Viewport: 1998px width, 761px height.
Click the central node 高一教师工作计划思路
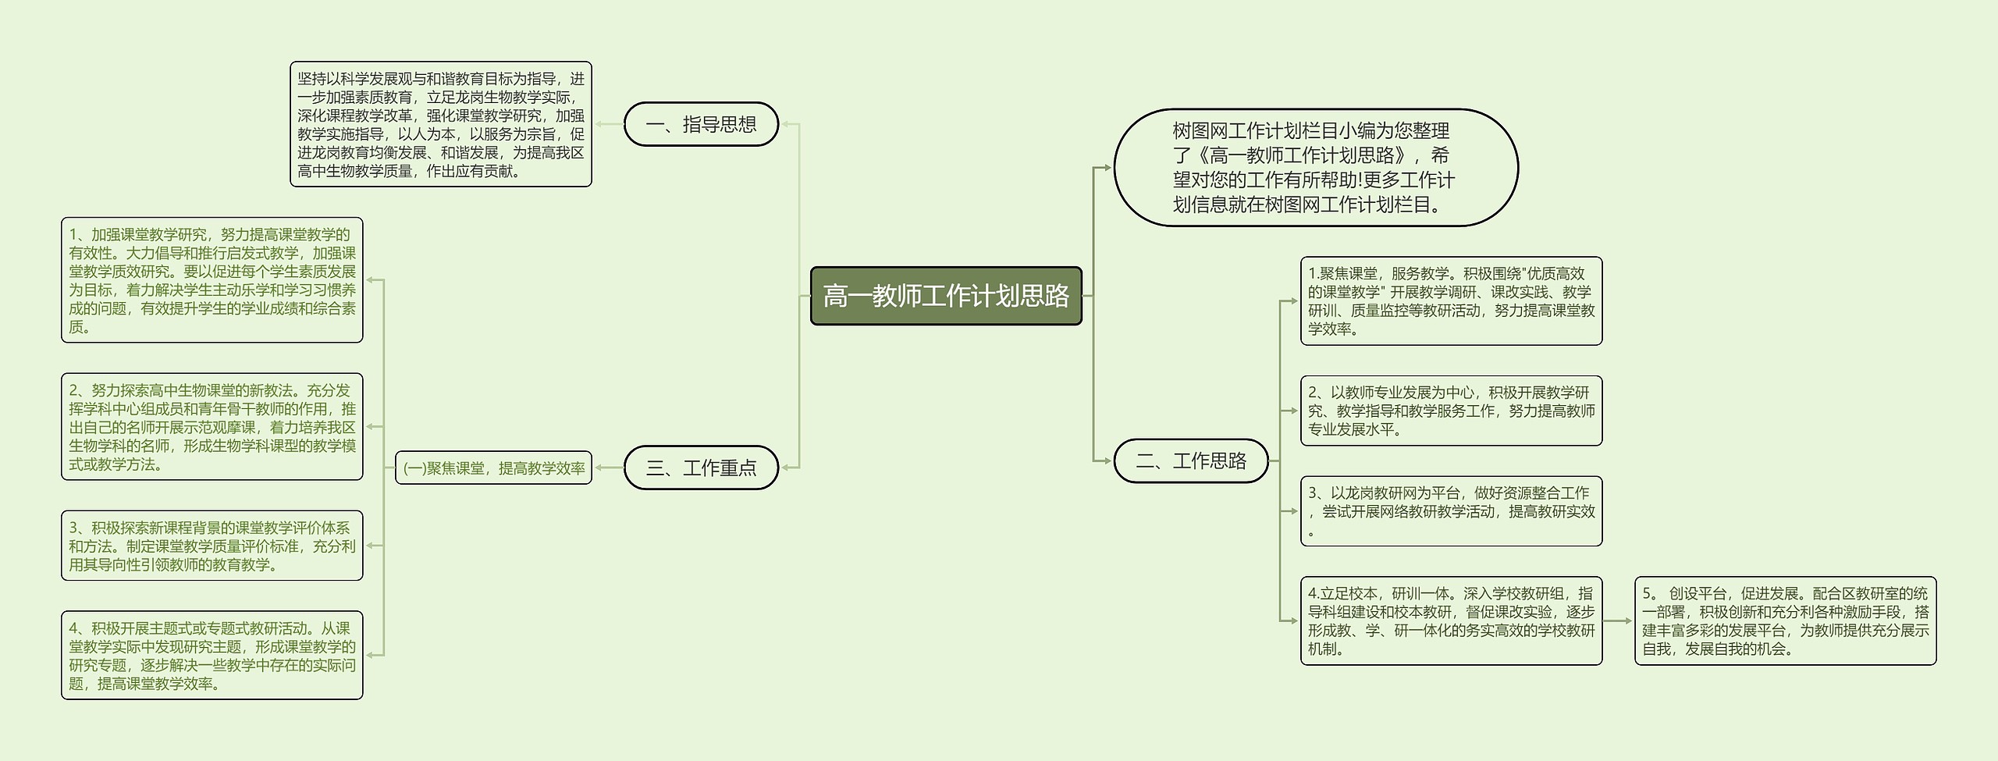pos(946,296)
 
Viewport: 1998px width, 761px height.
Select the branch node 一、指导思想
pos(701,124)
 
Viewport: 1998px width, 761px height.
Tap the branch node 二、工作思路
pos(1190,461)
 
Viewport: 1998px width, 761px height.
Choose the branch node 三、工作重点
pos(701,468)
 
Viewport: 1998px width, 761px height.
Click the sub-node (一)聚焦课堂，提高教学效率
pos(493,468)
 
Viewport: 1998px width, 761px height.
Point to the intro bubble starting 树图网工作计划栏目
pos(1315,168)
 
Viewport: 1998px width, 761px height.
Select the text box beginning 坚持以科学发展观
pos(440,125)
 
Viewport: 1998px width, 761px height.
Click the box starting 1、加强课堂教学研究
pos(212,280)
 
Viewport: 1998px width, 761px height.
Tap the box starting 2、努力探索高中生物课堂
pos(212,427)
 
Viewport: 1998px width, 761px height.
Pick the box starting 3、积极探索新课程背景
pos(212,546)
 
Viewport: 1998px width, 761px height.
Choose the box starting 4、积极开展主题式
pos(212,656)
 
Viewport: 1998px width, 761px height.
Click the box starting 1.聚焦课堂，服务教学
pos(1451,301)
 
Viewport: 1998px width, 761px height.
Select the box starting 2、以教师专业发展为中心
pos(1451,411)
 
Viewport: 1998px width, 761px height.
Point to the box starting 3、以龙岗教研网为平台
pos(1451,511)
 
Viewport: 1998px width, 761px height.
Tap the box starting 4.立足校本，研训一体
pos(1451,621)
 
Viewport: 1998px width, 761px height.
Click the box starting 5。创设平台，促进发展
pos(1785,621)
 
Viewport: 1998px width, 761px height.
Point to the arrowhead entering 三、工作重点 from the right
pos(785,468)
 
